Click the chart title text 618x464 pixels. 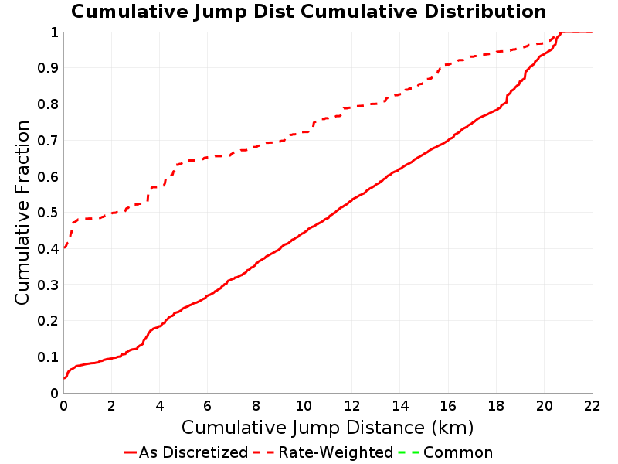pos(308,12)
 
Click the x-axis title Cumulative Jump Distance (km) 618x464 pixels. pos(328,428)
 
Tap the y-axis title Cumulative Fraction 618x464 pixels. pos(22,212)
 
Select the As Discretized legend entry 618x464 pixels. pos(186,452)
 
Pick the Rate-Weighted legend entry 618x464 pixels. pos(323,452)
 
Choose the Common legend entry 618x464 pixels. pos(446,452)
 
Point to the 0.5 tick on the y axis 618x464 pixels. pos(48,213)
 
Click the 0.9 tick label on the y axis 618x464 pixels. pos(48,68)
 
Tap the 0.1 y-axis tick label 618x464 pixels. pos(48,357)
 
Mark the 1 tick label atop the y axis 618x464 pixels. pos(54,32)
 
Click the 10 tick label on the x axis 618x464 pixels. pos(304,405)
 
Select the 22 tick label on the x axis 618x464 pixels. pos(592,405)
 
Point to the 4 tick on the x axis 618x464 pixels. pos(160,405)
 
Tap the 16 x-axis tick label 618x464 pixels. pos(448,405)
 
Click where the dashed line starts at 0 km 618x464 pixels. pos(64,247)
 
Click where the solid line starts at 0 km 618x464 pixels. pos(64,378)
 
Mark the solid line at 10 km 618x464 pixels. pos(304,233)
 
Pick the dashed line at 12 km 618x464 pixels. pos(352,107)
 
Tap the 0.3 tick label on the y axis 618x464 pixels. pos(48,285)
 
